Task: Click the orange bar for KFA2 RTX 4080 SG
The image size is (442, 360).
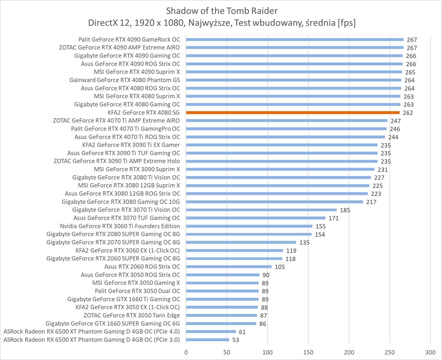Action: [x=293, y=113]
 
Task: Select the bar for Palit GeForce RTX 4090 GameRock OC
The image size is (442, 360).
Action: [x=295, y=40]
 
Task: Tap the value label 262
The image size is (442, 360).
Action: [x=408, y=113]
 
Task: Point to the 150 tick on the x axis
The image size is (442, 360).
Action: [x=308, y=352]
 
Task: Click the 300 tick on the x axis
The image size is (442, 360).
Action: [x=430, y=352]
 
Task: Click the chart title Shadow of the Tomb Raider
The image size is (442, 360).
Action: [x=222, y=10]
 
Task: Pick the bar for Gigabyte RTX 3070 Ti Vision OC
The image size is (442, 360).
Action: [x=262, y=210]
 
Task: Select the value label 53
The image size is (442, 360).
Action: [x=236, y=340]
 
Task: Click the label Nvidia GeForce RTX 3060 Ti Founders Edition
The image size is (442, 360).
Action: [x=120, y=226]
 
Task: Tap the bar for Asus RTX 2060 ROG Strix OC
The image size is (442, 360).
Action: [x=229, y=267]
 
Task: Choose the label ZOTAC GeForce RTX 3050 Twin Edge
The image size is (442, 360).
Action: [x=131, y=315]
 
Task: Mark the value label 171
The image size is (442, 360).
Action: [x=333, y=218]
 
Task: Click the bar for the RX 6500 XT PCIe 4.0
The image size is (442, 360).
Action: [x=211, y=332]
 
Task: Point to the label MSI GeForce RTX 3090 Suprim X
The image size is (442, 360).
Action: [x=137, y=169]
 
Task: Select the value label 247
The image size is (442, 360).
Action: [x=396, y=121]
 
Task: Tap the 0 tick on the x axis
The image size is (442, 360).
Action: [x=186, y=352]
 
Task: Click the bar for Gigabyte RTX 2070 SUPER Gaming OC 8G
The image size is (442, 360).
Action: [x=241, y=242]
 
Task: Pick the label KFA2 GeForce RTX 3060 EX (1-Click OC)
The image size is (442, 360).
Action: [x=128, y=251]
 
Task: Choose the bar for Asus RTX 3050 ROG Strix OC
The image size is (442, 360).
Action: [x=223, y=275]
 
